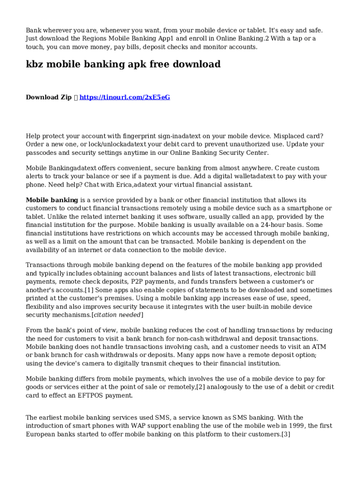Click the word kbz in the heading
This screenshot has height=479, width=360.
(x=37, y=65)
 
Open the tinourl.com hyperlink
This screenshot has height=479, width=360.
(x=124, y=97)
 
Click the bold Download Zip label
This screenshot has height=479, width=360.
(x=49, y=97)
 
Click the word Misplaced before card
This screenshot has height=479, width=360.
(x=291, y=136)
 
